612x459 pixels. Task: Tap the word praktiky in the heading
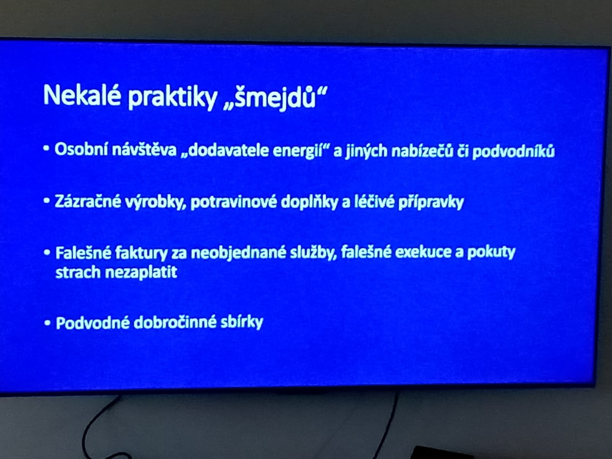pyautogui.click(x=172, y=97)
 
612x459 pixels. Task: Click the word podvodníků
pyautogui.click(x=514, y=152)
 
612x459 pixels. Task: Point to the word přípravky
pyautogui.click(x=431, y=203)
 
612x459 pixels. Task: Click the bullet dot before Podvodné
pyautogui.click(x=47, y=323)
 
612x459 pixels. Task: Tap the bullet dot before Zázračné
pyautogui.click(x=47, y=201)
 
